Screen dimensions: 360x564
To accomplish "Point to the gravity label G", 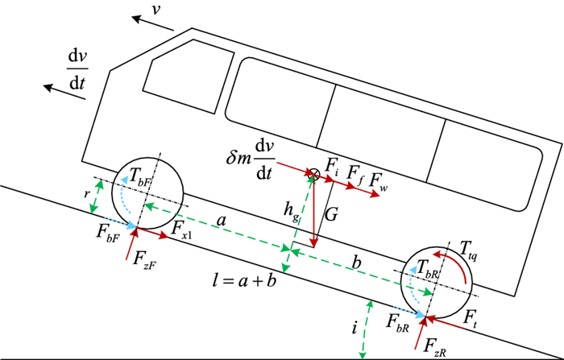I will click(x=330, y=215).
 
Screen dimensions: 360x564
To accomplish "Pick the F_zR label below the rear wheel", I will click(x=434, y=345).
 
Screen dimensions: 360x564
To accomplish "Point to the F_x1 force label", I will click(x=180, y=230).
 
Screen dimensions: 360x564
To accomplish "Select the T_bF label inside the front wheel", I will click(x=142, y=179).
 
